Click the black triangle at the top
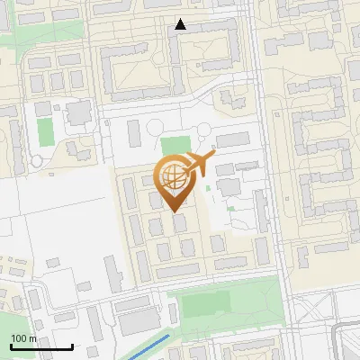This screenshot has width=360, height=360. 180,24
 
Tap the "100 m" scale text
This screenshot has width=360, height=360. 23,338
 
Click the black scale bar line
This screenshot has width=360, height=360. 41,346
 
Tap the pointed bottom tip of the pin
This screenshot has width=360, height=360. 176,211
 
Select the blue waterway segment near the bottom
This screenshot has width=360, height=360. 148,348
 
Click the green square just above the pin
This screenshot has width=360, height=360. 176,146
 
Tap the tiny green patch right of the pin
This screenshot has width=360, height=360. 231,209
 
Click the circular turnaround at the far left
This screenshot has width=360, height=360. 37,160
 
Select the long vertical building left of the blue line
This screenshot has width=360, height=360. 112,273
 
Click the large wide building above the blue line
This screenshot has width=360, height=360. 138,321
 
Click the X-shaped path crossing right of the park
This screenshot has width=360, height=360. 310,310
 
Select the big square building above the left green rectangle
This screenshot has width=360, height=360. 79,112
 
